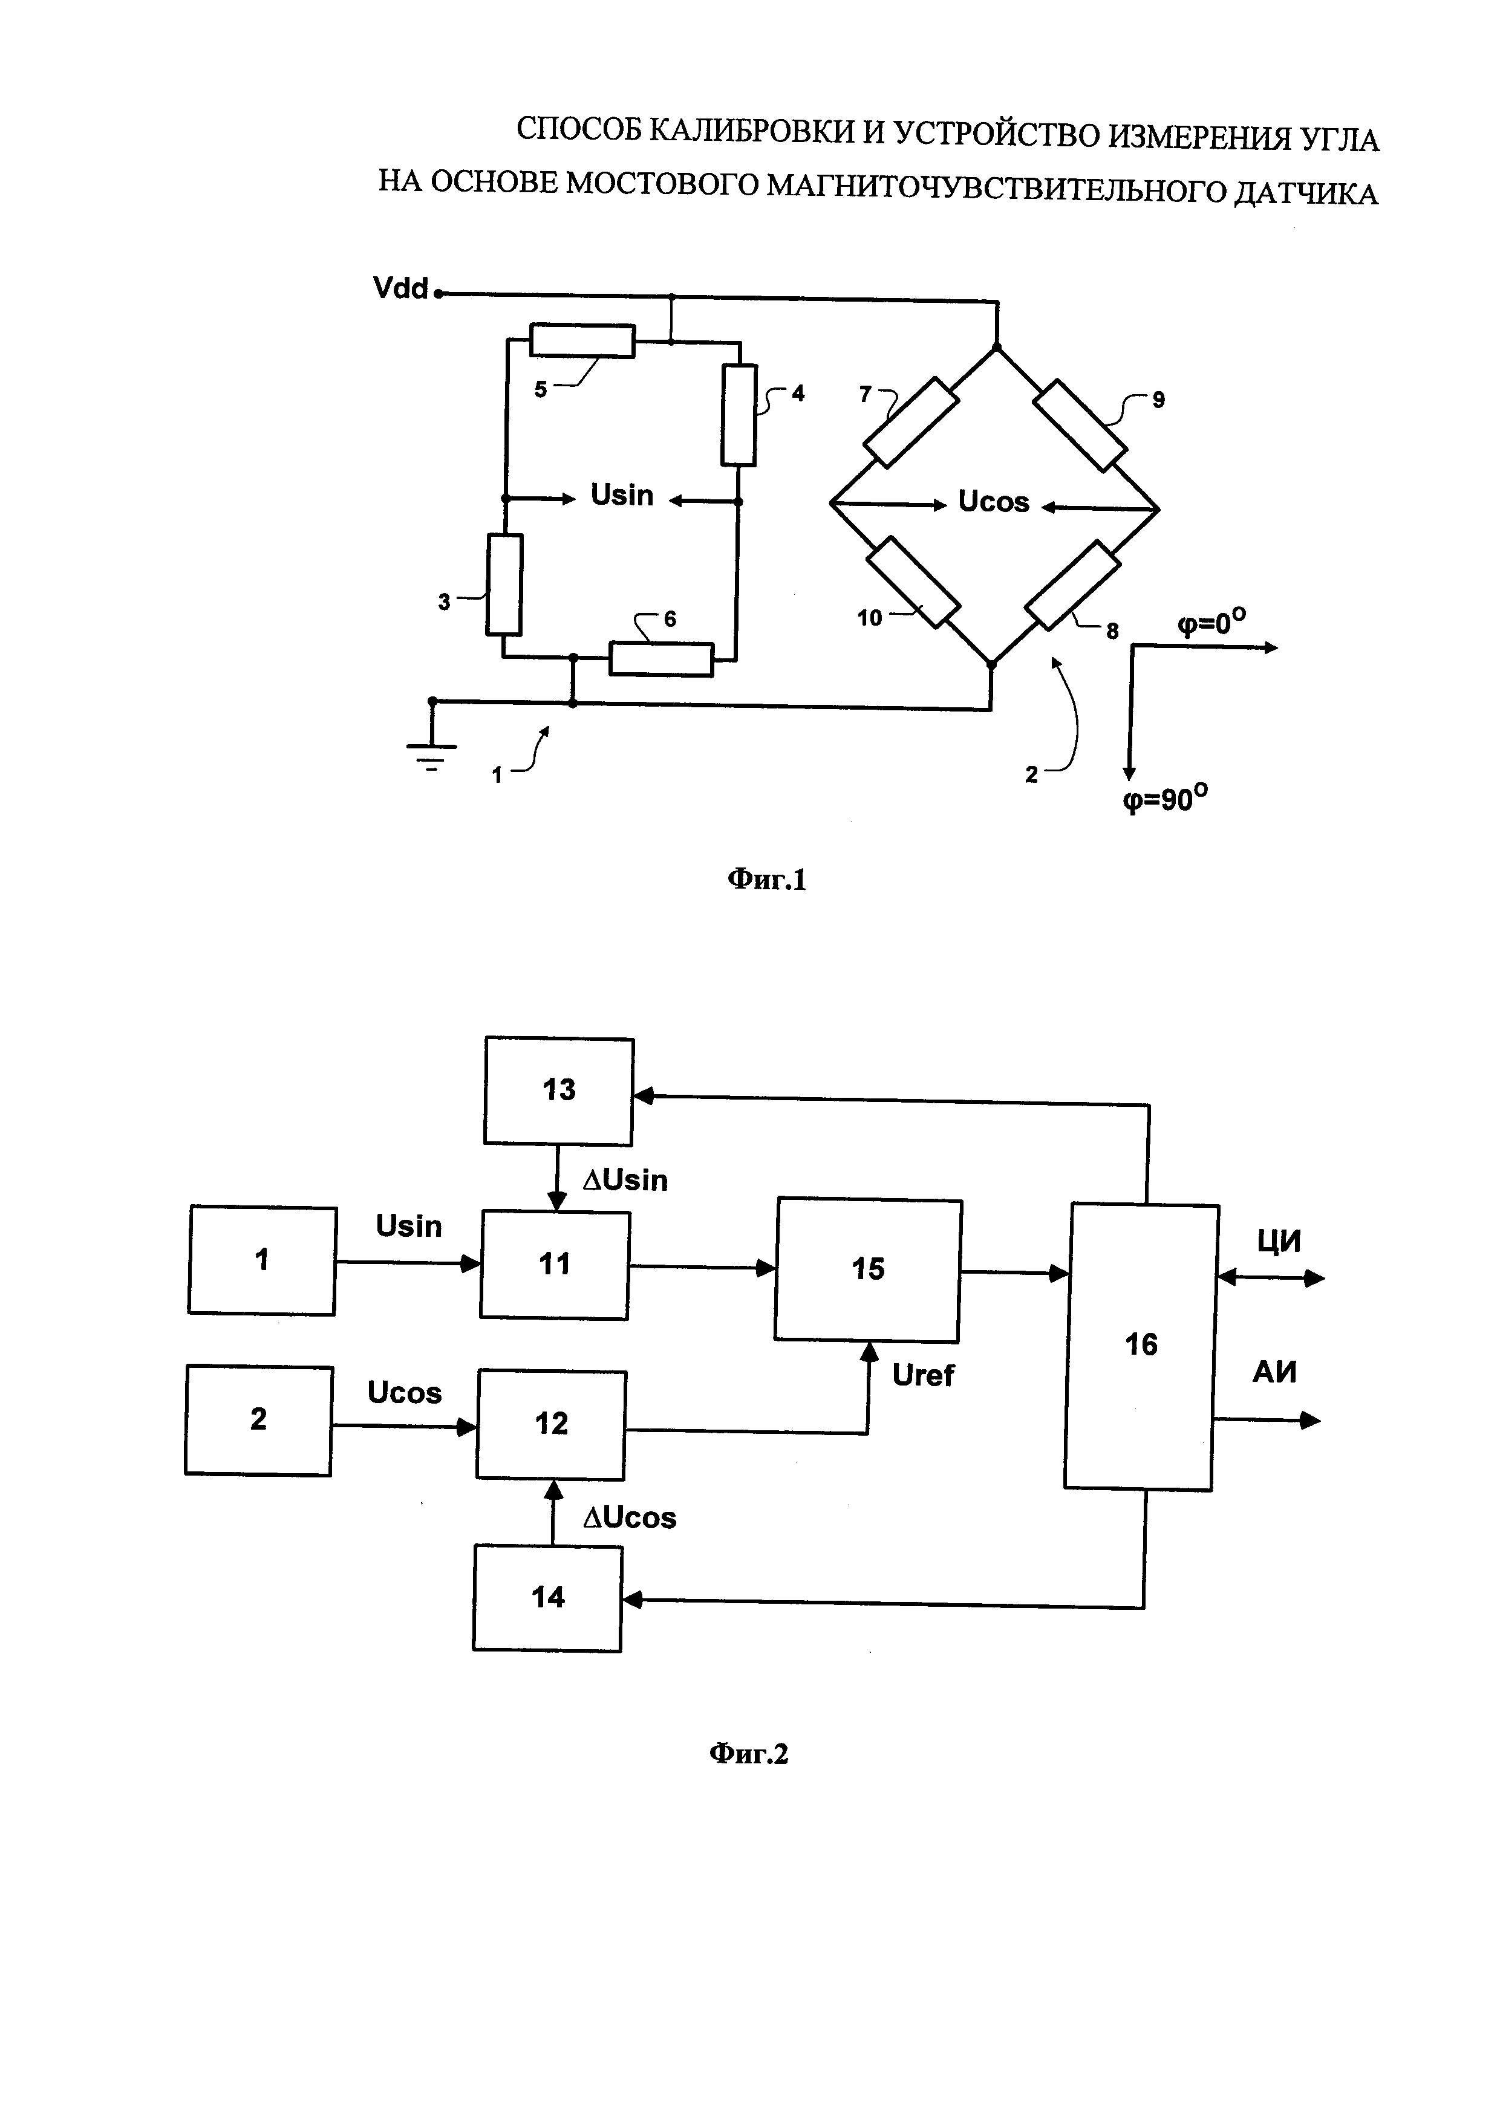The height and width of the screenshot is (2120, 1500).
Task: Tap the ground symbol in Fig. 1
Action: [x=431, y=753]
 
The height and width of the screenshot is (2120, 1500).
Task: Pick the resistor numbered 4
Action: [x=739, y=415]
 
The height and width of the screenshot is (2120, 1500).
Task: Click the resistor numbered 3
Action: [x=504, y=585]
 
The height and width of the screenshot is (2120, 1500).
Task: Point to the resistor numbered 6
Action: [x=660, y=660]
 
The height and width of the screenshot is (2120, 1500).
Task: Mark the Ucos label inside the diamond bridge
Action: [x=993, y=502]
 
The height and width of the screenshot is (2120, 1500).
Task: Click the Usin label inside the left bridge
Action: [x=622, y=496]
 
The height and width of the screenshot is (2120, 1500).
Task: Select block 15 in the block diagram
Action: [x=867, y=1269]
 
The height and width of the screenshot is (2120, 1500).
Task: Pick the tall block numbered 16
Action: [x=1141, y=1345]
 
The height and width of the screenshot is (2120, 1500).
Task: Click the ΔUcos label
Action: [x=630, y=1518]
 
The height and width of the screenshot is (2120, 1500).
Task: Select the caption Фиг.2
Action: [x=748, y=1754]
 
